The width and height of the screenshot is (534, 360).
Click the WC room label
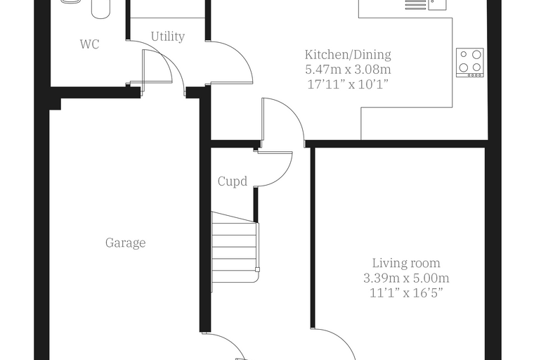pyautogui.click(x=89, y=44)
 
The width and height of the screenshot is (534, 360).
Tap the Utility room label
pyautogui.click(x=168, y=37)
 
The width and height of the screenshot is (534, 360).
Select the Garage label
pyautogui.click(x=125, y=243)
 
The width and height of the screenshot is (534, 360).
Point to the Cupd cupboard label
pyautogui.click(x=233, y=181)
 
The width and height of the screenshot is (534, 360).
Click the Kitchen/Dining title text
pyautogui.click(x=348, y=55)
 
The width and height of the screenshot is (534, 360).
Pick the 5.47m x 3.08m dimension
pyautogui.click(x=348, y=70)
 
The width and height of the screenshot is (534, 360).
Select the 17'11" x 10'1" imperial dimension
pyautogui.click(x=348, y=84)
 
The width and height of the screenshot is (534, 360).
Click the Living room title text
pyautogui.click(x=406, y=263)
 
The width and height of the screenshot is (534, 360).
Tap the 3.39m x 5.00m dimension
pyautogui.click(x=406, y=278)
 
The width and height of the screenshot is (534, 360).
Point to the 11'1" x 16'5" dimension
pyautogui.click(x=406, y=292)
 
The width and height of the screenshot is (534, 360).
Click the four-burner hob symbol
pyautogui.click(x=470, y=63)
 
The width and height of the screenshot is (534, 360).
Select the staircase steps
pyautogui.click(x=233, y=252)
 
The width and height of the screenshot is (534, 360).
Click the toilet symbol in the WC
pyautogui.click(x=100, y=9)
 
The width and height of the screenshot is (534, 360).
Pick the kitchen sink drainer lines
pyautogui.click(x=415, y=5)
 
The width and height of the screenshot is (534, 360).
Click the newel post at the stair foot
pyautogui.click(x=257, y=270)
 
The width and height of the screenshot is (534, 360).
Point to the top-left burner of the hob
pyautogui.click(x=464, y=54)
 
